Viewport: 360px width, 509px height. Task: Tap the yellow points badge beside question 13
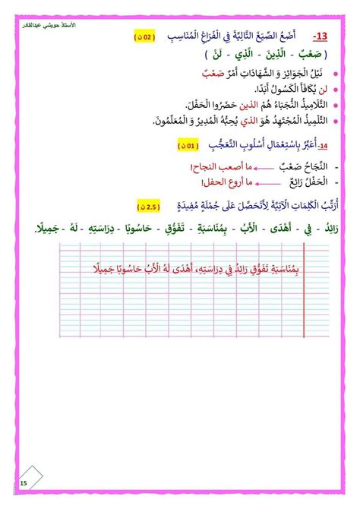[145, 36]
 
